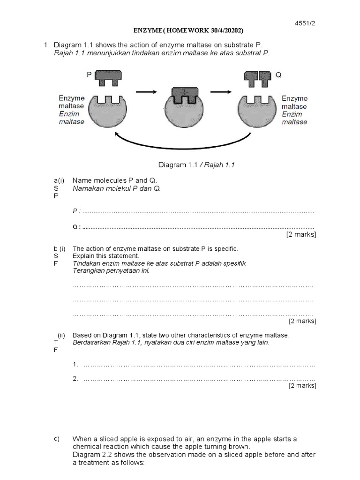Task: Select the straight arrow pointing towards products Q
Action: pyautogui.click(x=221, y=92)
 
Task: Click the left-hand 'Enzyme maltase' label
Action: pyautogui.click(x=72, y=110)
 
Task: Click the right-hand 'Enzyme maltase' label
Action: pyautogui.click(x=294, y=110)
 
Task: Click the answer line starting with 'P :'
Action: pyautogui.click(x=193, y=212)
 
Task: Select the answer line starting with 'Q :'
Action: pyautogui.click(x=193, y=227)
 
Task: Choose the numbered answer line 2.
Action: pyautogui.click(x=195, y=379)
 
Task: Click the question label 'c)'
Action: pyautogui.click(x=57, y=439)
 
